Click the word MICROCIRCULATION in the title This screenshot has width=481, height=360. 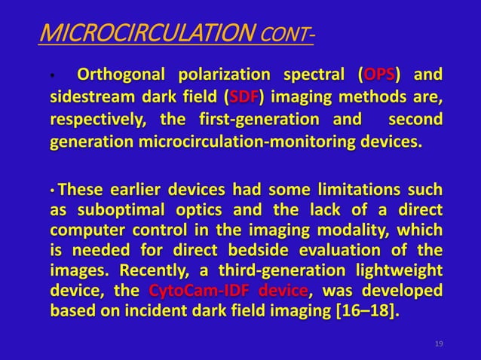tap(148, 32)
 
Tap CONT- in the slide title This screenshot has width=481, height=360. tap(287, 35)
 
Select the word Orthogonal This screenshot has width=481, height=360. tap(121, 75)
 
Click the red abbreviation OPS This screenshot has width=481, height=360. tap(379, 74)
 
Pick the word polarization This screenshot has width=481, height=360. tap(225, 75)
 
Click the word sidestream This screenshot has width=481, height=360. tap(92, 97)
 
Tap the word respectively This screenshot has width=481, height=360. tap(98, 120)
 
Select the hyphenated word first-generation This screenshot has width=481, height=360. tap(259, 120)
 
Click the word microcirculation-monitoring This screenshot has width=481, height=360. tap(247, 142)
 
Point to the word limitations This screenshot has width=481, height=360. tap(359, 189)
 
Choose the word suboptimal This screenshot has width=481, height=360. tap(121, 210)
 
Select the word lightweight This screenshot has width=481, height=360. tap(399, 270)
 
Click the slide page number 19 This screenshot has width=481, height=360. tap(439, 343)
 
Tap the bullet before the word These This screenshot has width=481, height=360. tap(53, 191)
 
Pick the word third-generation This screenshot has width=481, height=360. tap(282, 270)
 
